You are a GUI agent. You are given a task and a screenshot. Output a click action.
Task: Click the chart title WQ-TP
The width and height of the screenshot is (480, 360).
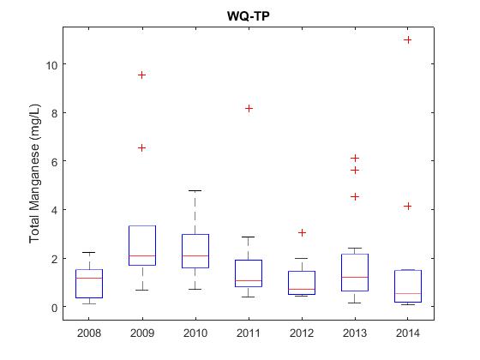(249, 16)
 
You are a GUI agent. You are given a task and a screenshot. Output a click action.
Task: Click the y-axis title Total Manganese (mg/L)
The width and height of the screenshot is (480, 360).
(34, 173)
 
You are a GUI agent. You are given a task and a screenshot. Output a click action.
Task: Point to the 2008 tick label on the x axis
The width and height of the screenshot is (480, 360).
(89, 333)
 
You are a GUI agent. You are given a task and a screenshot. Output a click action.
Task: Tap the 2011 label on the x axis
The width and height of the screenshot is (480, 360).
(249, 333)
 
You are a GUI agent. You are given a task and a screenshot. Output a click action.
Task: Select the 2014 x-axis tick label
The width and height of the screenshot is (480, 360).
(408, 333)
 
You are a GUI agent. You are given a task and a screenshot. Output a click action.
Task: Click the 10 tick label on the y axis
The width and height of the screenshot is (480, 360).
(51, 65)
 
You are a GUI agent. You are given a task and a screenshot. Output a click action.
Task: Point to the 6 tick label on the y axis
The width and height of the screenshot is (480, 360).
(55, 162)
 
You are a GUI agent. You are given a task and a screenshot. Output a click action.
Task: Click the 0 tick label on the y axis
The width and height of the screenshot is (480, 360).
(55, 308)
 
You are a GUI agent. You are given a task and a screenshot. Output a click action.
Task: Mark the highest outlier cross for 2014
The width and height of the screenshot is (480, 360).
(408, 39)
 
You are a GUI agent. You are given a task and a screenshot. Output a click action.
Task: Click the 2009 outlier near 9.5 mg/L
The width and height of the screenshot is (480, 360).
(141, 75)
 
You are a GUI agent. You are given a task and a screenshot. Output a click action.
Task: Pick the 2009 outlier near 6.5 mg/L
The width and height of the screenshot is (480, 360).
(141, 148)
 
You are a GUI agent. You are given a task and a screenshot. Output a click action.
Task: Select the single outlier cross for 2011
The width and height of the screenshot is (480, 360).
(249, 108)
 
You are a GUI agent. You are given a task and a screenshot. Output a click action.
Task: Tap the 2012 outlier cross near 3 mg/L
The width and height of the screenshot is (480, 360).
(302, 233)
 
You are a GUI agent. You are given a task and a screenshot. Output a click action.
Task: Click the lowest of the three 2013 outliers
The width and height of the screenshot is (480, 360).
(355, 196)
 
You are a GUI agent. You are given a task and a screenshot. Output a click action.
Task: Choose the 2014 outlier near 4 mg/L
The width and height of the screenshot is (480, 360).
(408, 207)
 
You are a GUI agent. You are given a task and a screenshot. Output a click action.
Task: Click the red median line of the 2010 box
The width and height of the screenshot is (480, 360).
(195, 255)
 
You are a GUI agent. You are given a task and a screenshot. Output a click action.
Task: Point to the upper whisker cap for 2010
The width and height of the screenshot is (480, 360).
(195, 190)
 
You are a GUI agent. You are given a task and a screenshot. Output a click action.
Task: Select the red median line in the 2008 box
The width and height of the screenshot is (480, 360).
(89, 278)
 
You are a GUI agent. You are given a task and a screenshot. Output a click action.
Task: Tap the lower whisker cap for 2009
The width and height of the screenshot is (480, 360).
(142, 290)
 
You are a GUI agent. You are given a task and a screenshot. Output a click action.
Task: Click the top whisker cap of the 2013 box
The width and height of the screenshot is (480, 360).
(355, 248)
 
